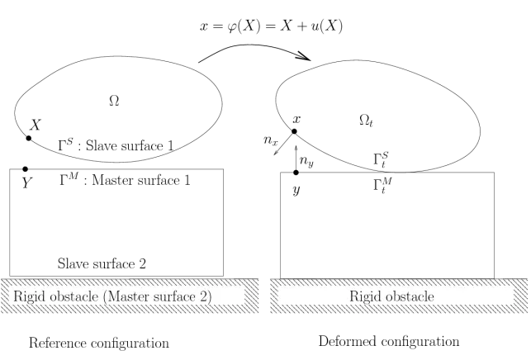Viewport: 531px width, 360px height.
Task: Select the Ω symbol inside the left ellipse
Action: pyautogui.click(x=114, y=100)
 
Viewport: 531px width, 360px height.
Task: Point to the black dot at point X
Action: pyautogui.click(x=29, y=138)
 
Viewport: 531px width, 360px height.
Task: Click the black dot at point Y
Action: pyautogui.click(x=26, y=169)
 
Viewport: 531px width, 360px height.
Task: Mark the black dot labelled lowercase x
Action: pyautogui.click(x=295, y=131)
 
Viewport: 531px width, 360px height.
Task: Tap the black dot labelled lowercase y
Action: pyautogui.click(x=296, y=173)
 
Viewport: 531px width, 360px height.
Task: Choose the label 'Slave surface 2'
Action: pyautogui.click(x=102, y=264)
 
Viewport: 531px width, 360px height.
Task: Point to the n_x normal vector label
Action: pyautogui.click(x=270, y=140)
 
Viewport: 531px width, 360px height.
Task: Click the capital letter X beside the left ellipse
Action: pyautogui.click(x=36, y=126)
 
